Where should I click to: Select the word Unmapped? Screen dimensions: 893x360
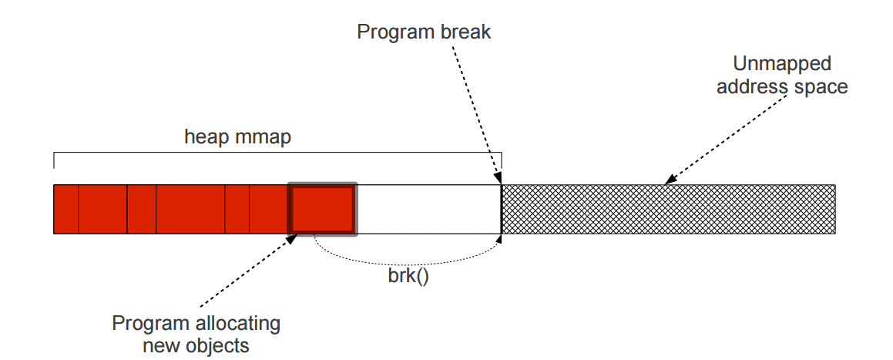(x=782, y=64)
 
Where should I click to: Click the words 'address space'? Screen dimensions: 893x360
(x=782, y=87)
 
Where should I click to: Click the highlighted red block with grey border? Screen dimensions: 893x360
(x=322, y=209)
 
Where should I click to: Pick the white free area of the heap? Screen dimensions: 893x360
(x=429, y=209)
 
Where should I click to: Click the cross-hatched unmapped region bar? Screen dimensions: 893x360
(x=669, y=209)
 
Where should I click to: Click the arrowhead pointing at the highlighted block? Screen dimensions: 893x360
(x=291, y=239)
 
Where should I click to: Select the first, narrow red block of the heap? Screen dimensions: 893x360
(x=66, y=209)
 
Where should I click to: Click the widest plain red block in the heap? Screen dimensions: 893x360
(x=191, y=209)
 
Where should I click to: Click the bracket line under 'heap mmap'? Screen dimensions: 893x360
(x=277, y=153)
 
